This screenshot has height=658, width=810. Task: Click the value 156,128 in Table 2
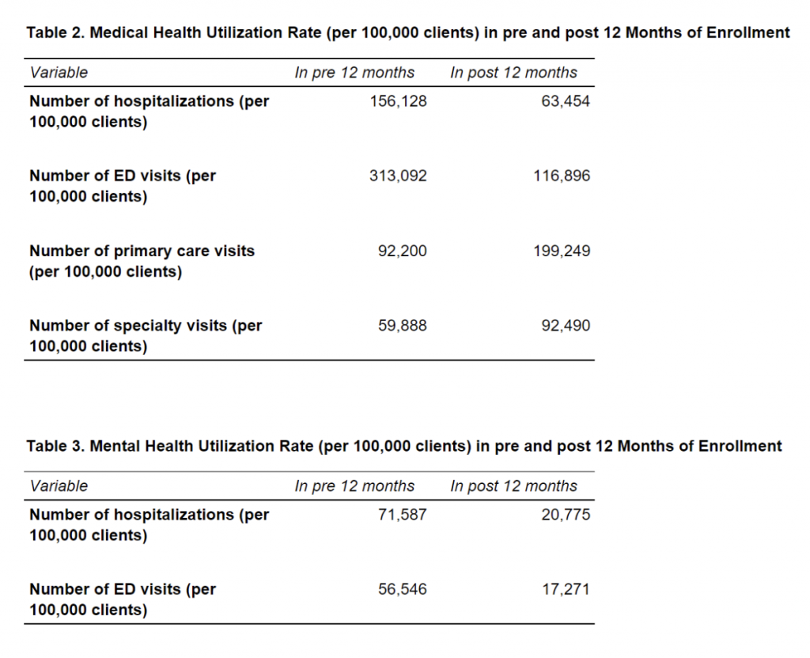(399, 100)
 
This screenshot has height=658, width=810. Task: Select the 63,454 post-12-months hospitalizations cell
(565, 100)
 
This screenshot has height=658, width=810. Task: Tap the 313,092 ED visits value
(398, 176)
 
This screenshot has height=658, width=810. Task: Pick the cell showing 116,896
(562, 176)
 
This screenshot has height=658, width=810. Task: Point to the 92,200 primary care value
(403, 251)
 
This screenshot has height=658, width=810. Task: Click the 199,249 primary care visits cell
(562, 251)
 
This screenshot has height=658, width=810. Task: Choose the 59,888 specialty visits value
(403, 325)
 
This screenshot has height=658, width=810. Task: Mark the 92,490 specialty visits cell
(566, 325)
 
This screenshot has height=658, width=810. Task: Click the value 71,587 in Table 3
(403, 514)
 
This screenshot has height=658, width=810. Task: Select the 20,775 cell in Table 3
(566, 514)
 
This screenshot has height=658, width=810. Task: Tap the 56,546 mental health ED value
(403, 588)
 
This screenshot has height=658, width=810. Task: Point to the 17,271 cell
(566, 588)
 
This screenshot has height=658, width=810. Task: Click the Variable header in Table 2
(59, 72)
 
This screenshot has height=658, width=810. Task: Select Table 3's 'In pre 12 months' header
(354, 486)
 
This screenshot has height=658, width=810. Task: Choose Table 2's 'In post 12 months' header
(513, 73)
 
